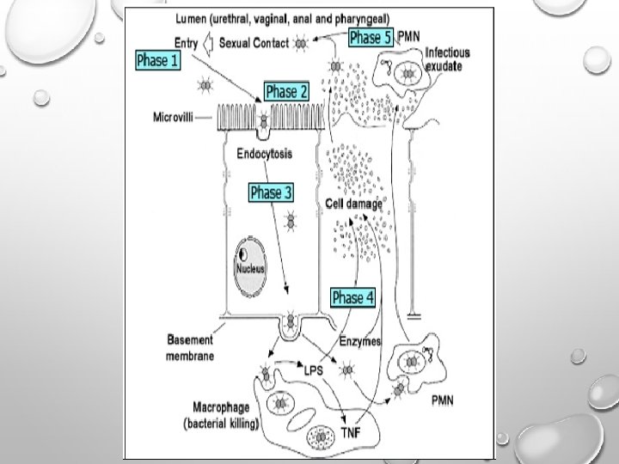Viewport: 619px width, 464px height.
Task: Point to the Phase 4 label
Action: [x=353, y=297]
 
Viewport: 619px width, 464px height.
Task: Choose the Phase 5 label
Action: [x=371, y=37]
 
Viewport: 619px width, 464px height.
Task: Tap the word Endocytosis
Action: [x=263, y=155]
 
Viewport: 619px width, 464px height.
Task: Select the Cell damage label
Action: [x=354, y=203]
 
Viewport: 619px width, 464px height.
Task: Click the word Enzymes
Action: [x=360, y=342]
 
